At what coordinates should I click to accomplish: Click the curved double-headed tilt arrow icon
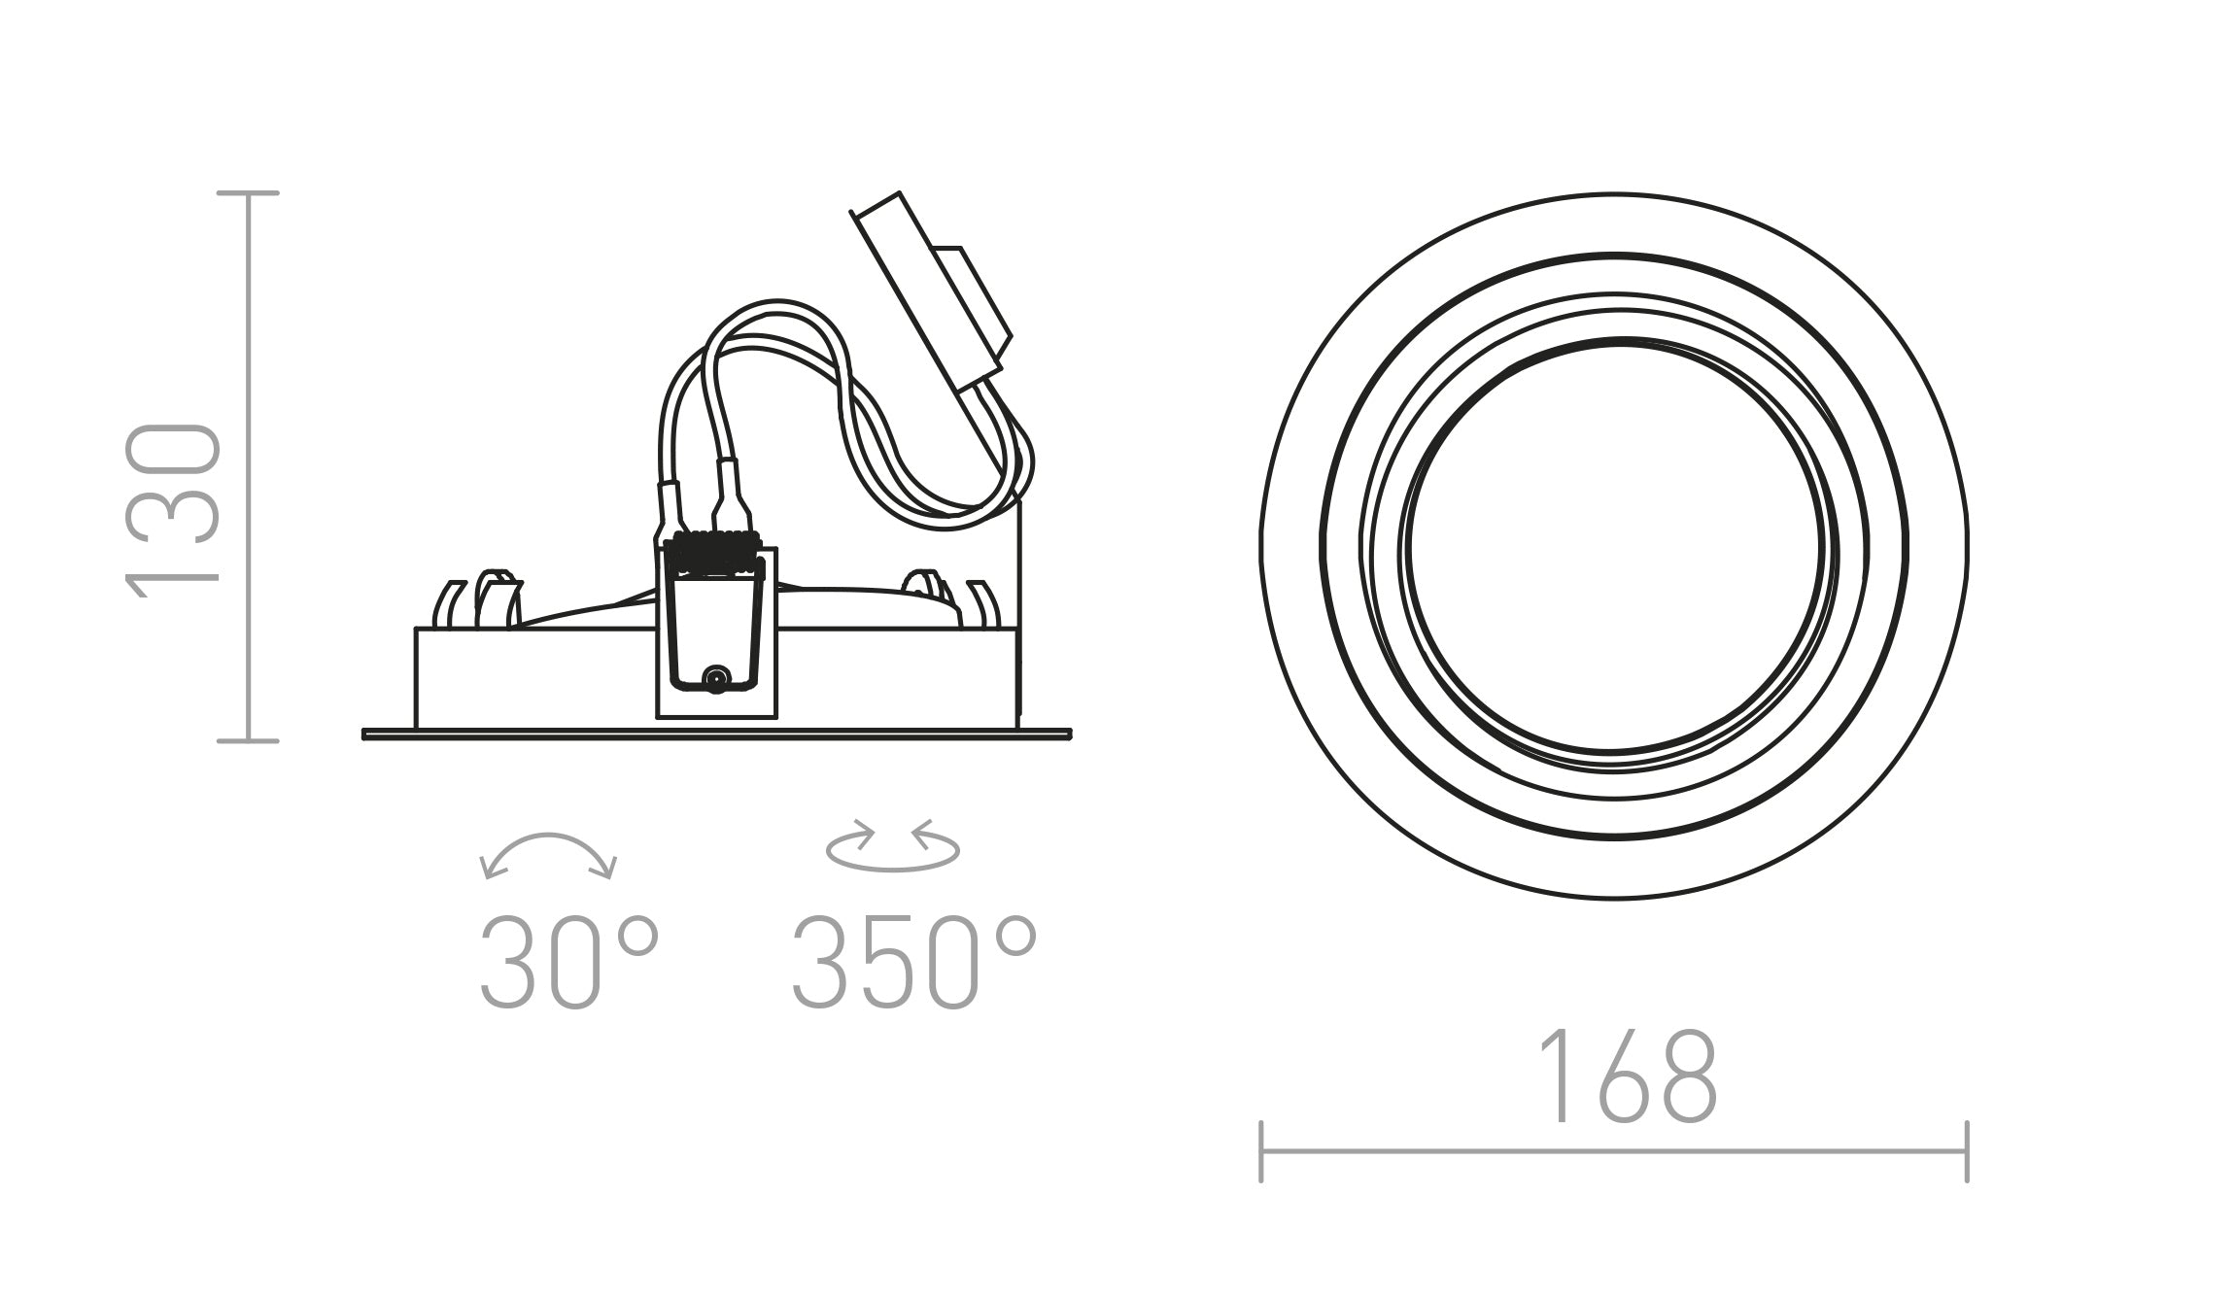[x=549, y=852]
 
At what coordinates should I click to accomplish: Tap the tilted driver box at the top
[x=933, y=291]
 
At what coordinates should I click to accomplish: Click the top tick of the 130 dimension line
[x=249, y=193]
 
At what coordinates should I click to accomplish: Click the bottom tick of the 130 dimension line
[x=249, y=741]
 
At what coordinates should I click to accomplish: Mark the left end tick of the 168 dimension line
[x=1260, y=1152]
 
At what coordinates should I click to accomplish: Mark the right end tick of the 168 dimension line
[x=1967, y=1152]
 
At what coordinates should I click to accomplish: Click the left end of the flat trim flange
[x=366, y=734]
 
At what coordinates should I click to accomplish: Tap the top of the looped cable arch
[x=774, y=303]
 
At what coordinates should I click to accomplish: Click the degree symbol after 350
[x=1017, y=935]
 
